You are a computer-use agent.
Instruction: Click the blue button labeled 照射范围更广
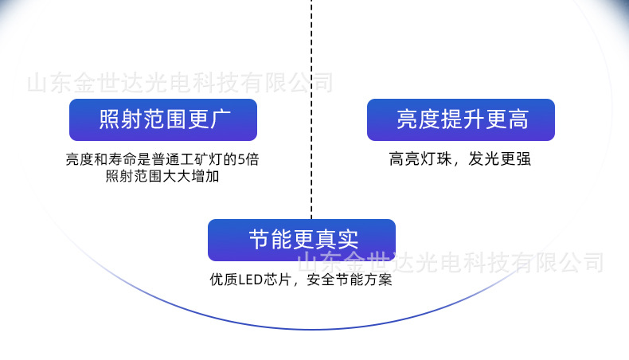(163, 120)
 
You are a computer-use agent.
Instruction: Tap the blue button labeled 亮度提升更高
(460, 120)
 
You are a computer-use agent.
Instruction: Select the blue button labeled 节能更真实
(301, 240)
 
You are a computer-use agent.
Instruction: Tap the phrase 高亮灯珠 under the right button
(415, 159)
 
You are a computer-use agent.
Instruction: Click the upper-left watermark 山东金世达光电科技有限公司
(180, 83)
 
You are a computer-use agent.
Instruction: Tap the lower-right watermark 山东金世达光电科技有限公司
(451, 261)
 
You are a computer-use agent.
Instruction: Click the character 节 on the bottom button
(259, 240)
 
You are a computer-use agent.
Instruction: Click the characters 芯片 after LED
(278, 280)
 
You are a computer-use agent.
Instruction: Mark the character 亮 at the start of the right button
(407, 120)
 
